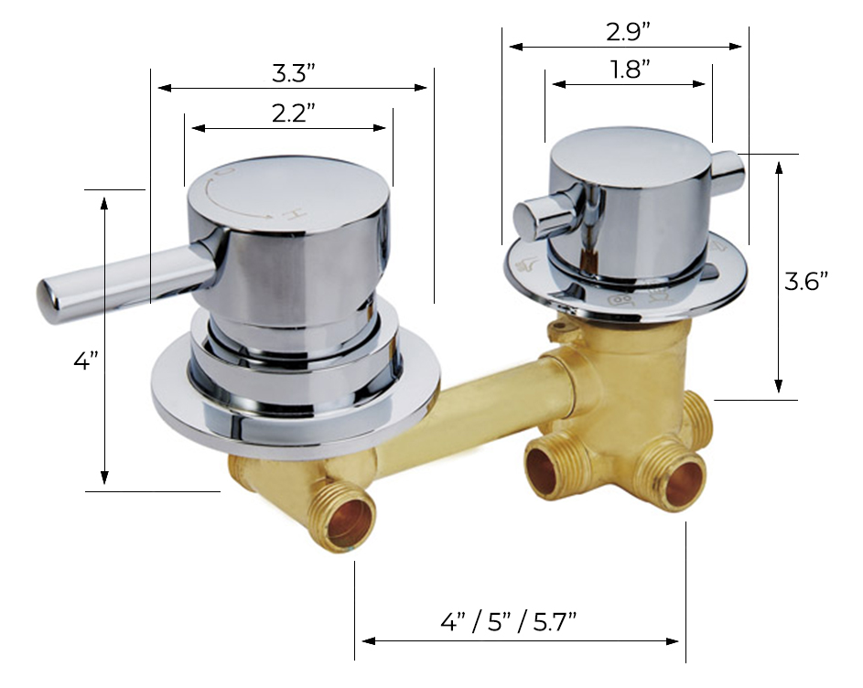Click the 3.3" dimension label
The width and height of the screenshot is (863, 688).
click(x=292, y=71)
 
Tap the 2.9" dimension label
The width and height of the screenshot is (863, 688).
click(x=628, y=30)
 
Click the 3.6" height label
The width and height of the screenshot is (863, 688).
click(x=806, y=281)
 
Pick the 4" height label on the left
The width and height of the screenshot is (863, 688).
click(x=85, y=361)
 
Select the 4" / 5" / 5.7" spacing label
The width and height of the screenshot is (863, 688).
click(x=508, y=622)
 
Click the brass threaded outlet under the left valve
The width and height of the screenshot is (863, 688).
click(x=348, y=519)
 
